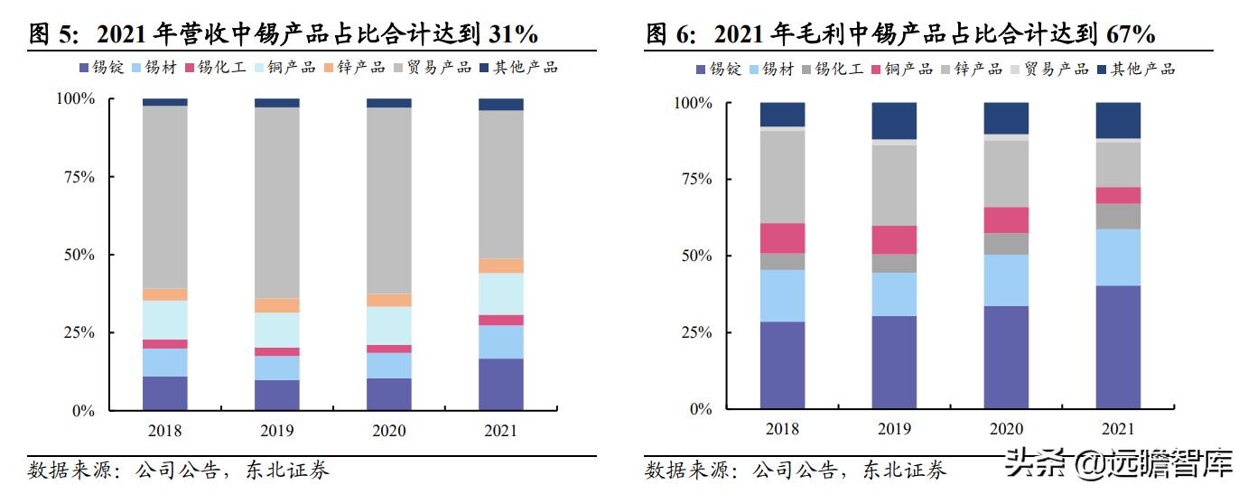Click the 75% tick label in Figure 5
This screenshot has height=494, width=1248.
(x=77, y=176)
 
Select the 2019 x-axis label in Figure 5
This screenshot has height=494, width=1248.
(x=276, y=431)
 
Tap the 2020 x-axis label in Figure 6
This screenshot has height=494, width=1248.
(x=1005, y=429)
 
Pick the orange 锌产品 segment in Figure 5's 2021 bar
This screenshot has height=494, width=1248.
(x=500, y=266)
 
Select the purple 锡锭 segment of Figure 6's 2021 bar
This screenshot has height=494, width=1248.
(x=1118, y=347)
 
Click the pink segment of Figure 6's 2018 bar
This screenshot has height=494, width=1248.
(x=782, y=238)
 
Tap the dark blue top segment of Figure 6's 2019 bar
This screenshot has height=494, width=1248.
(x=894, y=121)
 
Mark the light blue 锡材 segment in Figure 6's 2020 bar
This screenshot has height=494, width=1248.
(x=1006, y=280)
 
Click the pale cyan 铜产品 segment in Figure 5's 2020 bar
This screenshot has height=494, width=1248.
(x=388, y=325)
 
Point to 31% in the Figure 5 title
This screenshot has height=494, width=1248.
(x=513, y=34)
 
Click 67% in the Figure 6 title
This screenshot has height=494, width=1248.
(x=1129, y=34)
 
